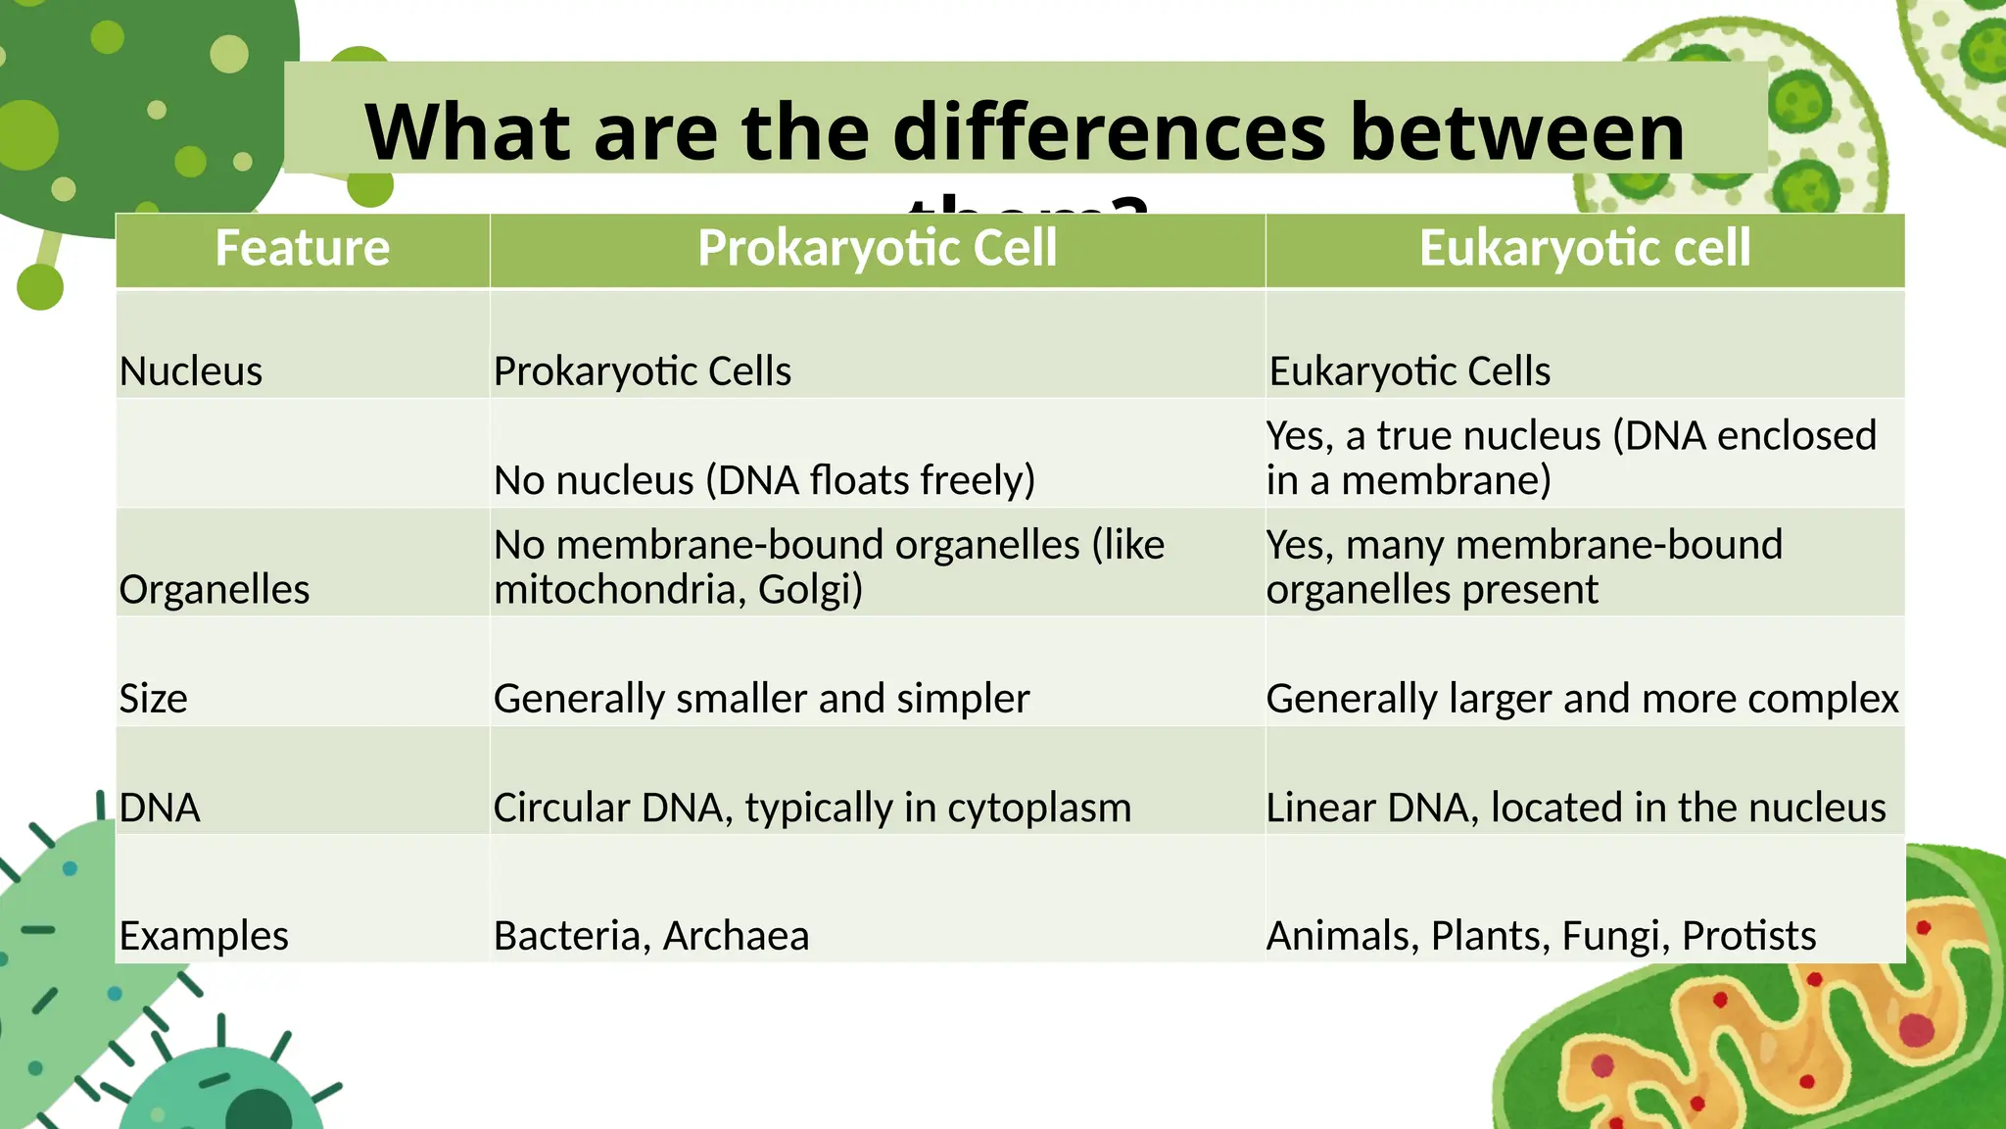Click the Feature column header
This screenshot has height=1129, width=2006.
(302, 248)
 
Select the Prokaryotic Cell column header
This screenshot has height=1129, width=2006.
(877, 248)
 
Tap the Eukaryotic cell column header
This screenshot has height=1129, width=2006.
(1584, 248)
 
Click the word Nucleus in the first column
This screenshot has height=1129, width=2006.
(191, 372)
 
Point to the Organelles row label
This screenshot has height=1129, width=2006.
(215, 590)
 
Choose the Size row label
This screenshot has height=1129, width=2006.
(153, 699)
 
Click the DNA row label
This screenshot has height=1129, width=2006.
(160, 809)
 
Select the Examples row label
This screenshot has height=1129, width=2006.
(204, 936)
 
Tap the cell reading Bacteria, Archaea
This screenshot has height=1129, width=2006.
(651, 936)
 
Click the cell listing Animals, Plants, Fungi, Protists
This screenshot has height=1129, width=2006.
(1541, 936)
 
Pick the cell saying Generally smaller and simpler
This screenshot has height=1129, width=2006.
(761, 699)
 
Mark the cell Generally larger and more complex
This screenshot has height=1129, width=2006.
(1582, 699)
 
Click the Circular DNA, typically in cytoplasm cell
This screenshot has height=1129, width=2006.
(812, 809)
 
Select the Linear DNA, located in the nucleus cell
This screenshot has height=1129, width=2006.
(1575, 809)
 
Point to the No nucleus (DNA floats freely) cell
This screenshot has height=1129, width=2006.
(764, 481)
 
